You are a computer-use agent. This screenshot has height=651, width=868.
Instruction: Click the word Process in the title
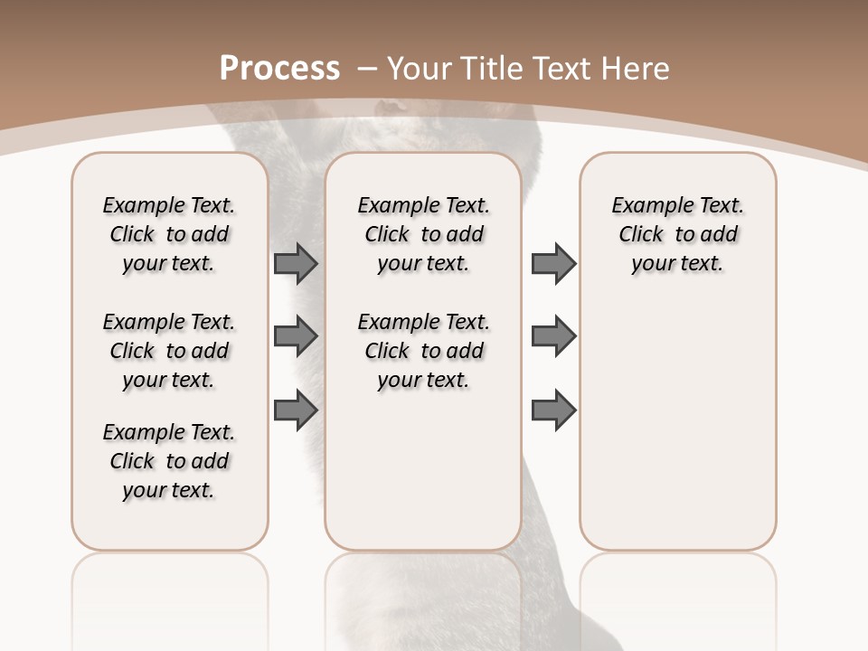coord(279,68)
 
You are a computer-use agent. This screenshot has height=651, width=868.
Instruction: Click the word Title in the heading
coord(494,68)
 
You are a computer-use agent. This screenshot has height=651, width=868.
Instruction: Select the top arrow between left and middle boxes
coord(296,263)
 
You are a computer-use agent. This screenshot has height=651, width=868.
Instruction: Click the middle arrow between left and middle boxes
coord(296,336)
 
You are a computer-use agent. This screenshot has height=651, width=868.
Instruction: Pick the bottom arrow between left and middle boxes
coord(296,410)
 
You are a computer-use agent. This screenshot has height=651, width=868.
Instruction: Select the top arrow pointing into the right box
coord(553,263)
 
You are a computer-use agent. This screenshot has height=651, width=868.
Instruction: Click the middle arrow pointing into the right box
coord(553,336)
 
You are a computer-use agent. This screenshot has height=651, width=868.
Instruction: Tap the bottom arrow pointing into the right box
coord(553,410)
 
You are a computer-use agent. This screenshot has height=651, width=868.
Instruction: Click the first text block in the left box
coord(169,234)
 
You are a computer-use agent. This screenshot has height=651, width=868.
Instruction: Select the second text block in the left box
coord(169,351)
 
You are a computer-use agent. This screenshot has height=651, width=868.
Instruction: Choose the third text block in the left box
coord(169,461)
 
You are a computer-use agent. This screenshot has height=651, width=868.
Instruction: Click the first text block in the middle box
coord(424,234)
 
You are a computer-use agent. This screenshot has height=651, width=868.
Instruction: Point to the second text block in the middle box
coord(424,351)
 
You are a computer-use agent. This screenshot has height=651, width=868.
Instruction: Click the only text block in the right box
coord(678,234)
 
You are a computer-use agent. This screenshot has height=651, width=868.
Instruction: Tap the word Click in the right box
coord(641,234)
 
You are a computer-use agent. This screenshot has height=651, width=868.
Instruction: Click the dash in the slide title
coord(367,68)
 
